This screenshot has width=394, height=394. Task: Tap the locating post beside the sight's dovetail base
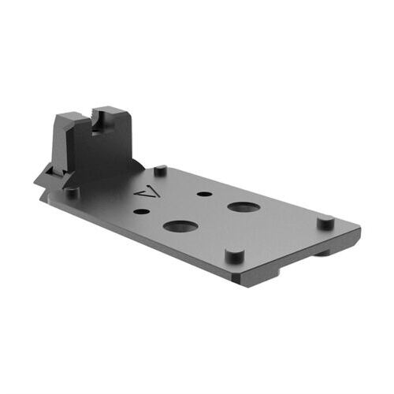coord(72,191)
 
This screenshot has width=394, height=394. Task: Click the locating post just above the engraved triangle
coord(160,169)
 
